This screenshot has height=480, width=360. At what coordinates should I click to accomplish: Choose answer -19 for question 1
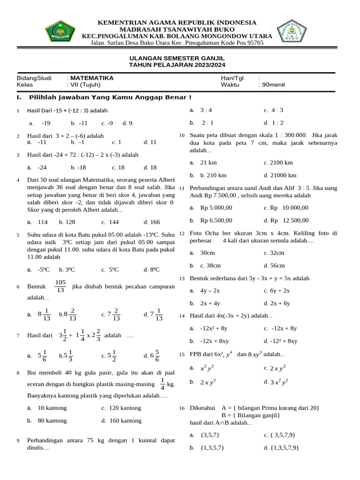click(x=45, y=123)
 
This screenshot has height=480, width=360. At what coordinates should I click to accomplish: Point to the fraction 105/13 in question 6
click(x=60, y=286)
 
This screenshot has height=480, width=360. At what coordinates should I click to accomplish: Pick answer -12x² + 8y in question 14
click(x=214, y=329)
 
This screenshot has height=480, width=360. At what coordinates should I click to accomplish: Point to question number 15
click(x=182, y=354)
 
